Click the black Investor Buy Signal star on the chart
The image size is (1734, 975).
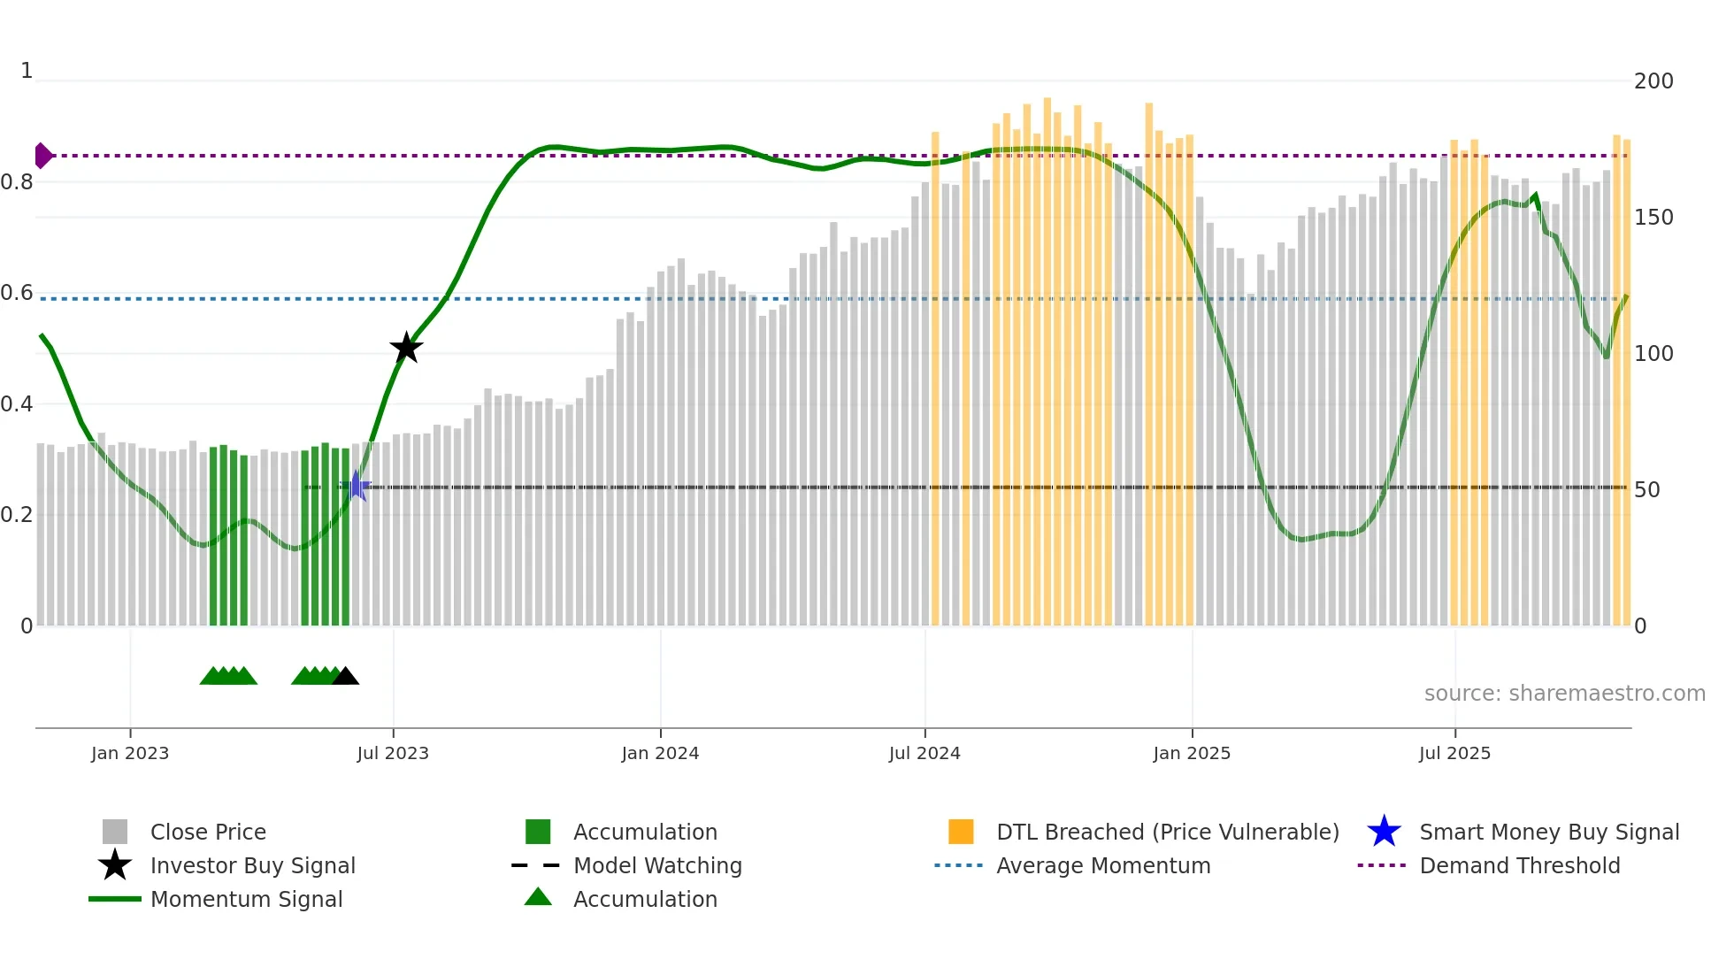tap(406, 348)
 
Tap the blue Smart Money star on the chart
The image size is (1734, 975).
tap(356, 486)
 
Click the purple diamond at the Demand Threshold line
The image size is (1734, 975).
tap(42, 156)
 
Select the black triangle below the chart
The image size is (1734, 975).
tap(345, 676)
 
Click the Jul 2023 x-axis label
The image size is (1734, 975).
tap(393, 753)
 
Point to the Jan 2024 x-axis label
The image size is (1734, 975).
tap(660, 753)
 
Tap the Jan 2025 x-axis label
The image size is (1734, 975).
tap(1192, 753)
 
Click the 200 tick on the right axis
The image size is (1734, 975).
tap(1653, 81)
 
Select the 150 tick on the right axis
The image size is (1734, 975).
tap(1653, 218)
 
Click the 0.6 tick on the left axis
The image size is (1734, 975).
tap(18, 293)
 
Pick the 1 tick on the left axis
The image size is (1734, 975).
tap(27, 71)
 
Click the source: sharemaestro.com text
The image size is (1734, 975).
tap(1564, 694)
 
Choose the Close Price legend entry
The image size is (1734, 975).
tap(208, 833)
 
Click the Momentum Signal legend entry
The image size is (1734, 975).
tap(246, 900)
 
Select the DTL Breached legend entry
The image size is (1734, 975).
tap(1167, 833)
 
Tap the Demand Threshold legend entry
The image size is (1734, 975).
tap(1519, 866)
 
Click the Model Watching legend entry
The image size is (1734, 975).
tap(657, 866)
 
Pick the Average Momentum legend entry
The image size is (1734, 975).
tap(1103, 866)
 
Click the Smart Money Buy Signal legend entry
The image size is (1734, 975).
tap(1548, 833)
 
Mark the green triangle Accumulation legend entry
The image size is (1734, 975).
tap(645, 900)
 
